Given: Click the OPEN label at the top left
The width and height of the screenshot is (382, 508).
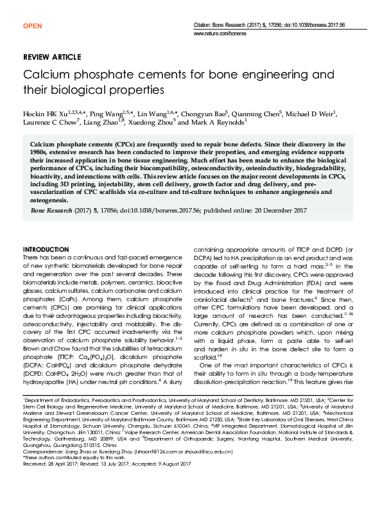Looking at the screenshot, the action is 32,26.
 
